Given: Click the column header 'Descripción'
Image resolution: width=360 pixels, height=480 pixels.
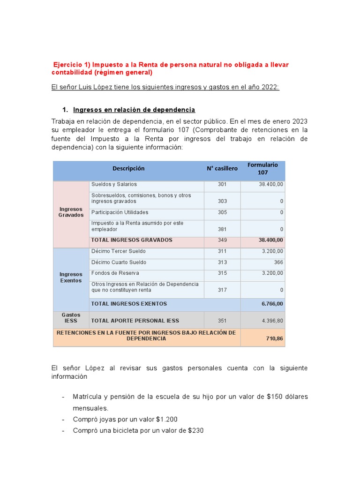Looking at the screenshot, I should coord(128,169).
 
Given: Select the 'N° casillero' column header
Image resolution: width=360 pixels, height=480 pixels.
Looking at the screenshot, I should coord(222,169).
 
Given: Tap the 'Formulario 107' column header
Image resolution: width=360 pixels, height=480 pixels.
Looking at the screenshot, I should coord(262,169).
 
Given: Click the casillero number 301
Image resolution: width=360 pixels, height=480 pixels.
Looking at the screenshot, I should coord(222,185).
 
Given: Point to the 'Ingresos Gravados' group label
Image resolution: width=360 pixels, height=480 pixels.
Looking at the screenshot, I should coord(71,212).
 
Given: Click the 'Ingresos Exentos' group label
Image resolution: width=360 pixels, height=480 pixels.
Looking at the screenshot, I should coord(71,277).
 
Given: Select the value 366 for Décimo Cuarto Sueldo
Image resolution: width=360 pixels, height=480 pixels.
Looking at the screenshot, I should coord(278,262).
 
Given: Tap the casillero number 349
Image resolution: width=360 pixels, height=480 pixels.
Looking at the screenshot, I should coord(222,240).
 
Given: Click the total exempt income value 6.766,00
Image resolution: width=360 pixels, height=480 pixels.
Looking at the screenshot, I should coord(272,304).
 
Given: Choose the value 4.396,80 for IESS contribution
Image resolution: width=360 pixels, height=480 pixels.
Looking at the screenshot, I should coord(272,321).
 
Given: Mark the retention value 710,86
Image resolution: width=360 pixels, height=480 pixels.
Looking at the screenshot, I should coord(274,338).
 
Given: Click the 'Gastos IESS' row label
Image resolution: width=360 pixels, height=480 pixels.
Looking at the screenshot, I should coord(71,318).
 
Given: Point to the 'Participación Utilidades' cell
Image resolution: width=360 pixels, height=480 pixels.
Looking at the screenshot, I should coord(120,212).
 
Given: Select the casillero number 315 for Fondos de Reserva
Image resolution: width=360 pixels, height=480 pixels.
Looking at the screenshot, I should coord(222,273).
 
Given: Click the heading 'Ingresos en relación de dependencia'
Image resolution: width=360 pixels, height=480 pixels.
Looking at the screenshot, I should coord(134,110).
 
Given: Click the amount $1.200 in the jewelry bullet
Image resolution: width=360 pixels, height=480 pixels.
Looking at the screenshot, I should coord(167,419).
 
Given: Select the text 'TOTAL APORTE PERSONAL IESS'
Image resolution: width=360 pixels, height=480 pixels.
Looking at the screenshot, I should coord(128,321).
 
